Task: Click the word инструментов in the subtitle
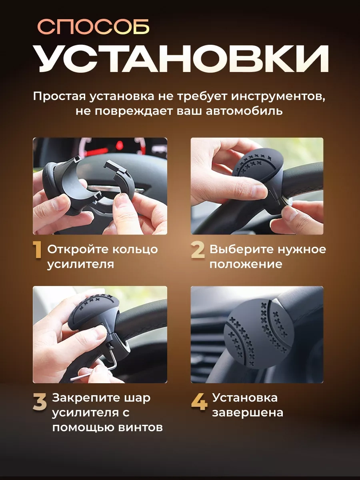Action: click(x=278, y=97)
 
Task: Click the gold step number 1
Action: click(x=37, y=250)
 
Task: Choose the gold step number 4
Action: click(x=199, y=402)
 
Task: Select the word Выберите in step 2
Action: click(x=241, y=250)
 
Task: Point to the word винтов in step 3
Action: click(x=140, y=428)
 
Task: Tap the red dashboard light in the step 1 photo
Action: click(x=120, y=145)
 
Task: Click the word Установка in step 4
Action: click(x=245, y=398)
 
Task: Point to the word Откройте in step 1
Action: click(x=78, y=250)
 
